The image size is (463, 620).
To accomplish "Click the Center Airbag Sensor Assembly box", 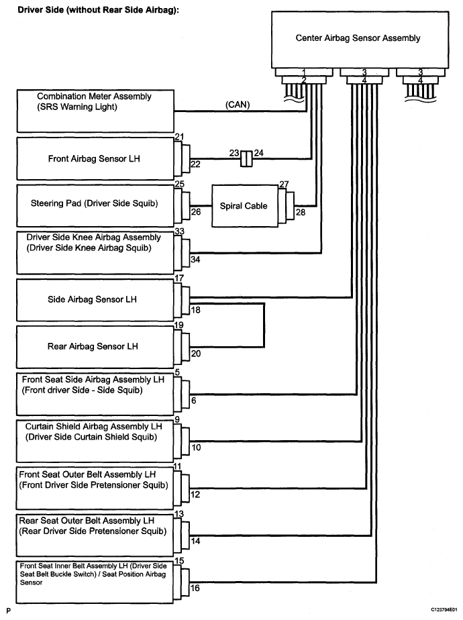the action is tap(360, 39).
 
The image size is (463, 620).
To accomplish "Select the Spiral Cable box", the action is tap(245, 206).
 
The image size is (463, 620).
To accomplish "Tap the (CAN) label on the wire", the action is tap(238, 105).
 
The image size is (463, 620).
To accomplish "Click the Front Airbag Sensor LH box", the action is tap(95, 158).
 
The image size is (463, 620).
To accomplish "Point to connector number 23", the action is tap(234, 152).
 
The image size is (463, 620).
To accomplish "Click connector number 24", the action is tap(258, 152).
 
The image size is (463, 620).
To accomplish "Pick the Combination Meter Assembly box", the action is tap(95, 111).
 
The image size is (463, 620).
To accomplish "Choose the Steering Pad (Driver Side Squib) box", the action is tap(95, 205).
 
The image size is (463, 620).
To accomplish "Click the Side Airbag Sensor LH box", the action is tap(95, 300).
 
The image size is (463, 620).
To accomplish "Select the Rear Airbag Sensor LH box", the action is tap(95, 347).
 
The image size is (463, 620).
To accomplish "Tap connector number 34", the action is tap(195, 260).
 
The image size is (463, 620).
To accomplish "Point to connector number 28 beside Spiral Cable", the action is tap(301, 212).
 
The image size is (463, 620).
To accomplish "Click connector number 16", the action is tap(195, 588).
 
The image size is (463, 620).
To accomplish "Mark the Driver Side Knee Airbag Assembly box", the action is tap(95, 253).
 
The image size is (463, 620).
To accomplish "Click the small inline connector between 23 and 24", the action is tap(246, 158).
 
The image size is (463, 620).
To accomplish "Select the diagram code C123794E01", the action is tap(444, 610).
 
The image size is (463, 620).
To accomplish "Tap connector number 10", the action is tap(196, 447).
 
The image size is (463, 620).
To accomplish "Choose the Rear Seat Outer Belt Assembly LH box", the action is tap(95, 535).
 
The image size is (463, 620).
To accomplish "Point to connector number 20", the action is tap(196, 354).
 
